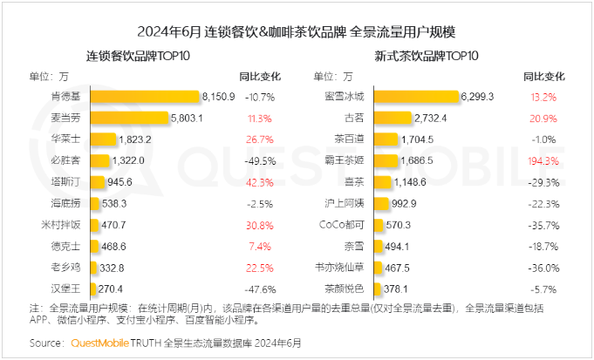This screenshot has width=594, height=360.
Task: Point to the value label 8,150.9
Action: click(218, 96)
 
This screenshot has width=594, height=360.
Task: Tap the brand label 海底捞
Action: click(68, 202)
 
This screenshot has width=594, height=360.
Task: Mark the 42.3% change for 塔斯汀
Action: click(260, 181)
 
